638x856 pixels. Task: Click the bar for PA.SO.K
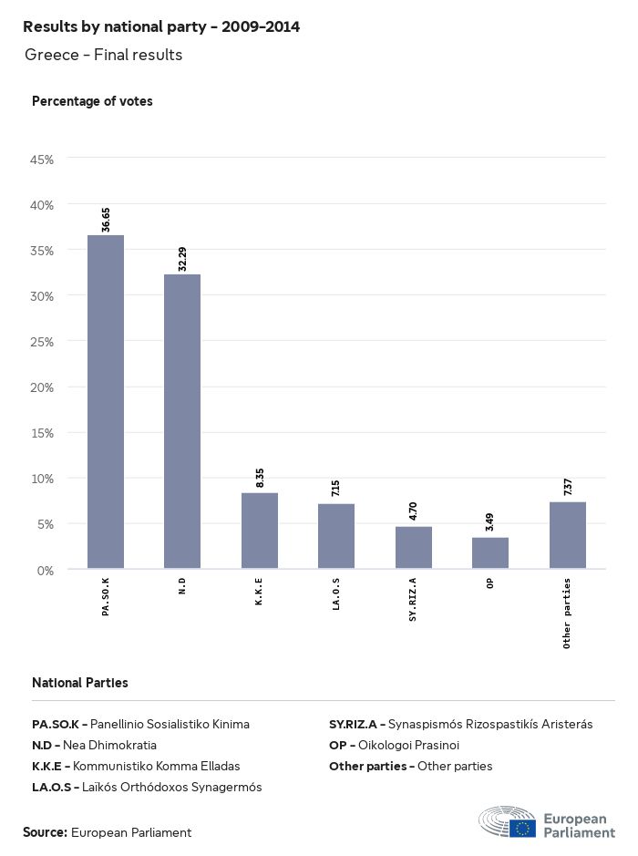(x=106, y=402)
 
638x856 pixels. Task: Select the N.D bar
(x=182, y=421)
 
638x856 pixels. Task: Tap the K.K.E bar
(x=260, y=531)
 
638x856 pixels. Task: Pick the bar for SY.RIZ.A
(x=414, y=547)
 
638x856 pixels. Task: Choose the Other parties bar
(x=568, y=535)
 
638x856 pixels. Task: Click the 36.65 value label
(x=106, y=220)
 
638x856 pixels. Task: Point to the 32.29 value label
(x=182, y=259)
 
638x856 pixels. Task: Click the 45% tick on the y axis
(x=43, y=160)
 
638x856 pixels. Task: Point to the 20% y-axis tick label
(x=43, y=387)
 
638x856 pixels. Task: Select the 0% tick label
(x=46, y=571)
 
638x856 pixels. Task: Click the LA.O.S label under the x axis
(x=336, y=597)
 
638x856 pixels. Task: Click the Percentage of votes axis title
(x=92, y=101)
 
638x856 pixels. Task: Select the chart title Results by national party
(x=161, y=27)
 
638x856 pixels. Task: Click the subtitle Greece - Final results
(x=104, y=56)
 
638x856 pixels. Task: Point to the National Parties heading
(x=80, y=683)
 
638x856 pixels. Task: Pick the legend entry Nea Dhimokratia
(x=94, y=745)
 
